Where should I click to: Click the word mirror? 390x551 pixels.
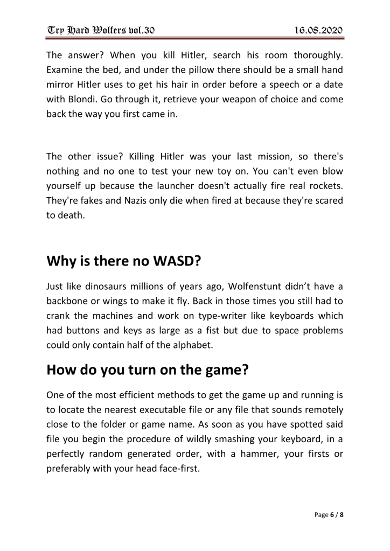pyautogui.click(x=62, y=101)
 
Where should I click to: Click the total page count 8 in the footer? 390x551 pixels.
pyautogui.click(x=342, y=515)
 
